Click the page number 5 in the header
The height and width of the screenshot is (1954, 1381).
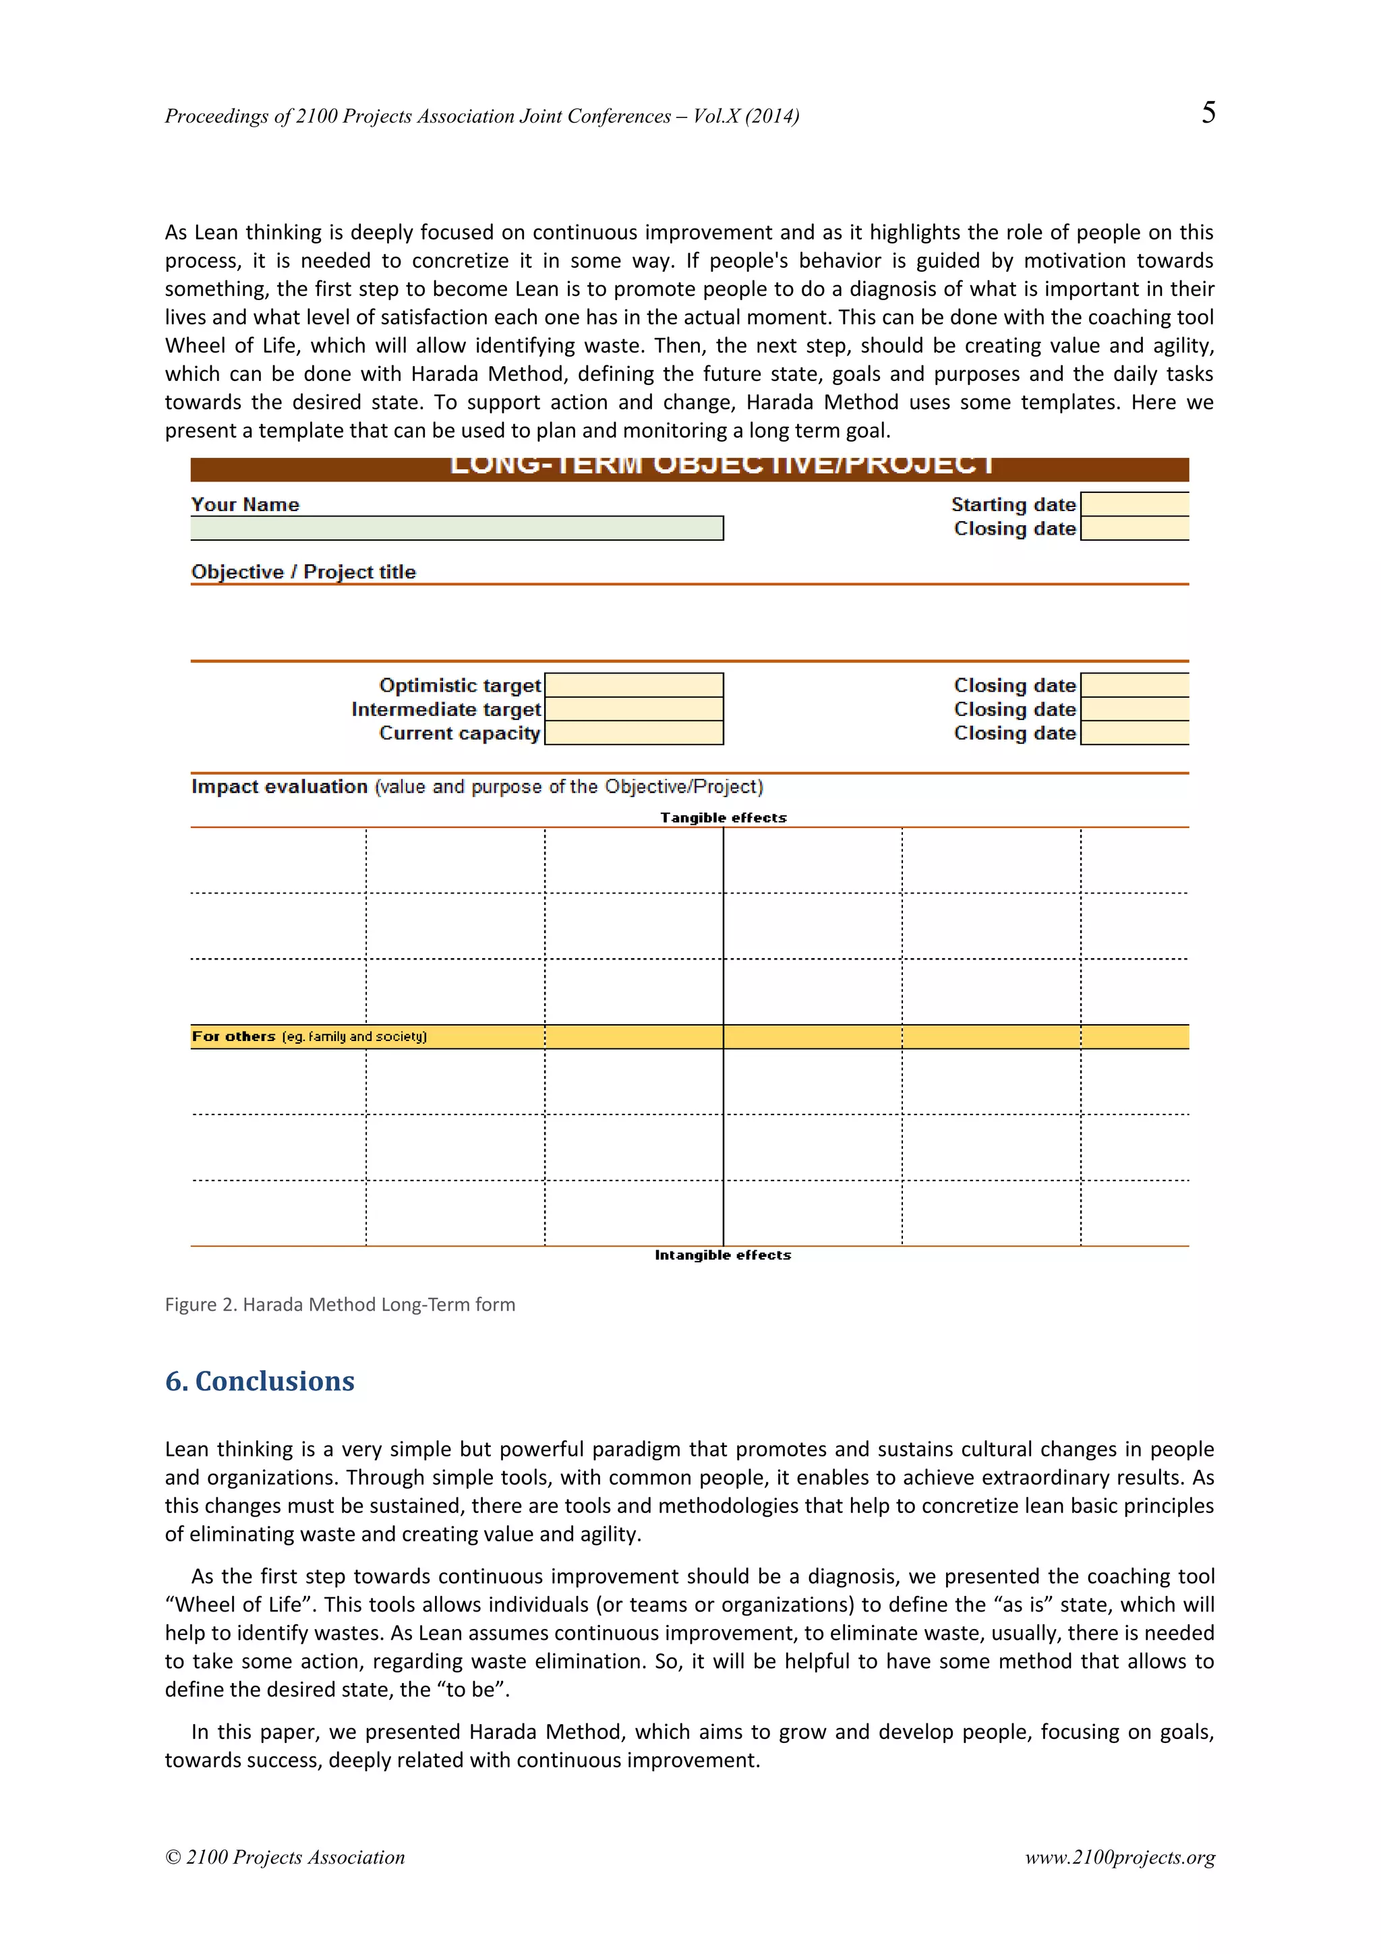[1208, 113]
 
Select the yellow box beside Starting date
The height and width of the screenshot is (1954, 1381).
[1134, 504]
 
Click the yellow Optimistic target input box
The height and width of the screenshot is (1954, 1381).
[633, 685]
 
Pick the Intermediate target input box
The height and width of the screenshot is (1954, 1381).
[633, 709]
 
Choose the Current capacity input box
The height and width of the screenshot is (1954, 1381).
[633, 733]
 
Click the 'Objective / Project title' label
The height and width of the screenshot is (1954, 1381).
[303, 572]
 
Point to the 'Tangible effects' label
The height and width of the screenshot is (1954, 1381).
[724, 818]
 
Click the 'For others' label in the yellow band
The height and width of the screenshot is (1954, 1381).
[234, 1036]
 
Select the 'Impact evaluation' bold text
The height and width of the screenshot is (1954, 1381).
[279, 786]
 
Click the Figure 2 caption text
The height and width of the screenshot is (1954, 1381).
[339, 1305]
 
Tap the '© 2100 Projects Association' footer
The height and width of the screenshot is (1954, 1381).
[285, 1857]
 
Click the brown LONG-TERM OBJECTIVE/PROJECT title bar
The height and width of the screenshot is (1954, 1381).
[689, 469]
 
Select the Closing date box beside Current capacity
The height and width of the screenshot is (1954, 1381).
[1134, 733]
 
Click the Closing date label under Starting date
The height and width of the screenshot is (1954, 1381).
[1014, 529]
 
